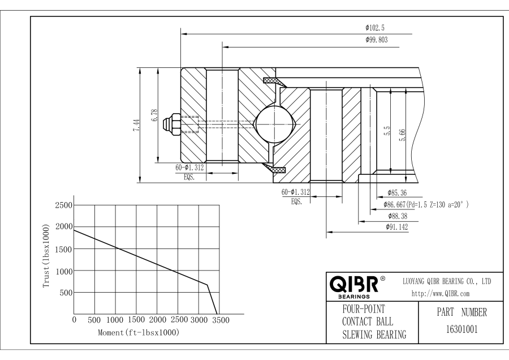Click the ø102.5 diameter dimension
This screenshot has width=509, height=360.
click(375, 27)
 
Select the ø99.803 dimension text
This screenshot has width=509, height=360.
click(376, 40)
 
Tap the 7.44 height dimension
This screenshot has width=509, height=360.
click(135, 126)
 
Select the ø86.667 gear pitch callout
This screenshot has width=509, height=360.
click(427, 204)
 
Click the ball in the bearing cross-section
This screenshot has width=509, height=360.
click(274, 123)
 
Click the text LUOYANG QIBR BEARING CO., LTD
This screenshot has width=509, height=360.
click(446, 281)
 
